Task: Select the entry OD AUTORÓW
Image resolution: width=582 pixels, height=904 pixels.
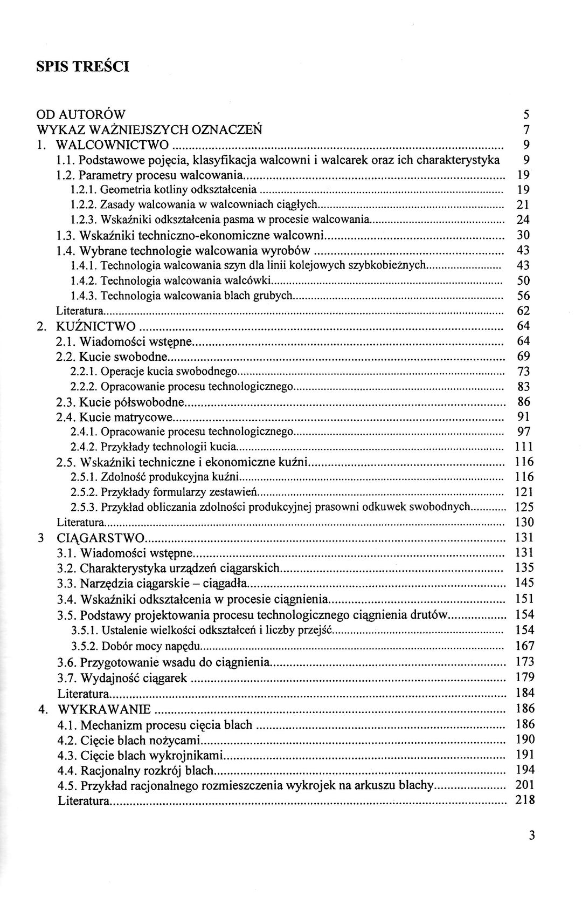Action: click(x=81, y=114)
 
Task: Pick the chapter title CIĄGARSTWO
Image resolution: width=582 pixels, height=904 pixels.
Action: click(x=101, y=538)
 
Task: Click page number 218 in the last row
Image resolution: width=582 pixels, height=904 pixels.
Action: click(x=524, y=800)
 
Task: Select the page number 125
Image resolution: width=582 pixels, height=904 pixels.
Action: click(x=524, y=507)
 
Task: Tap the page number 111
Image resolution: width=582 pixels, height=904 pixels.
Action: click(x=524, y=447)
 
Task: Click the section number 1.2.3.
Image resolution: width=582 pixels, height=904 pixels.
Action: click(x=83, y=220)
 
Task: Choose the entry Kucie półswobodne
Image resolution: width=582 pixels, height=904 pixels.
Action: click(x=132, y=402)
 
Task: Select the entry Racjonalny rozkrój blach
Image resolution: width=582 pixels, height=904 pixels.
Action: click(x=147, y=770)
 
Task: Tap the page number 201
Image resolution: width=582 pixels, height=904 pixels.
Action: click(x=524, y=785)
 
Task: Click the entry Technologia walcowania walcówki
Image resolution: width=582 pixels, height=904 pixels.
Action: click(x=185, y=280)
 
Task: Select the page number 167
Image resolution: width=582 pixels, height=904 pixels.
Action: click(x=524, y=646)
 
